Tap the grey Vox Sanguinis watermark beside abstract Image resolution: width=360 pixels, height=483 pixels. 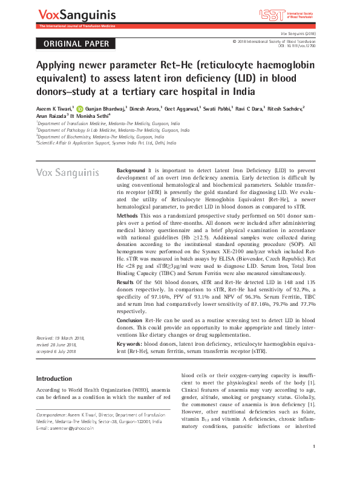point(68,172)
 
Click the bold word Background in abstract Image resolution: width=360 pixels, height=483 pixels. point(131,171)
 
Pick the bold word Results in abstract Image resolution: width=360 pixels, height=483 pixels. point(125,282)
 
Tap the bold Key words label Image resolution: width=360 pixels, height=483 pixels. point(129,344)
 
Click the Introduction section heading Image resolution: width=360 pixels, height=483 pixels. point(54,378)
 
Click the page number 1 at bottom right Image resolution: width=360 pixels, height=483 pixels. point(315,463)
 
